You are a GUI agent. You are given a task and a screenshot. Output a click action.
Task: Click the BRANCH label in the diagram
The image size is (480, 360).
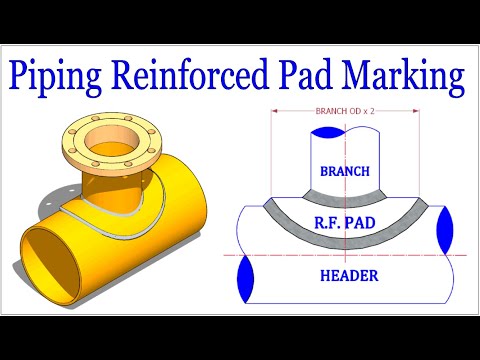click(344, 171)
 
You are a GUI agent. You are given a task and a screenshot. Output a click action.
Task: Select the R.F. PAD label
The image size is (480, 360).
click(344, 227)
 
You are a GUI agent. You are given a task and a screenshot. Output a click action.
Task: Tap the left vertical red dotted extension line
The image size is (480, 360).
click(270, 160)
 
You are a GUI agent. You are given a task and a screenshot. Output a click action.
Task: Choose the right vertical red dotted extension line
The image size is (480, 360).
click(419, 160)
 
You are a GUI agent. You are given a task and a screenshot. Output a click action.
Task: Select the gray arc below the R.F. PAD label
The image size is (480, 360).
click(344, 247)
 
